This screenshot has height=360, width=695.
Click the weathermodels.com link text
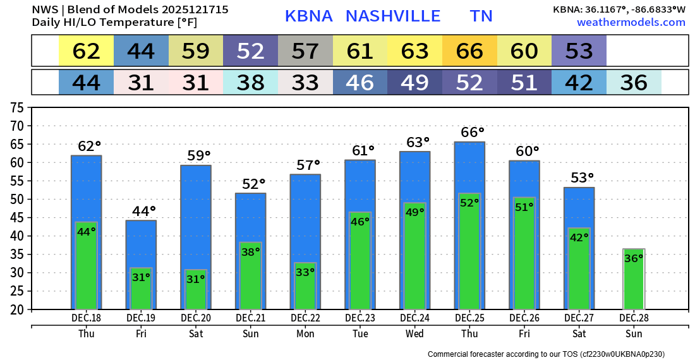[x=631, y=22]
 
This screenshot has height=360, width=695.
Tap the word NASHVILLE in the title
[x=393, y=16]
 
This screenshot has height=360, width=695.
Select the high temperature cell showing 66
[x=469, y=51]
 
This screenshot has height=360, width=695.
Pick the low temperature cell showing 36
[x=634, y=83]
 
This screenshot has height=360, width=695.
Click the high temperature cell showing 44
[x=141, y=51]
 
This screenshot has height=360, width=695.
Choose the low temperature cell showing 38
[x=250, y=83]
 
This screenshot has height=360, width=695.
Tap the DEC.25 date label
[x=469, y=318]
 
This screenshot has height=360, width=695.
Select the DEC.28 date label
[x=634, y=318]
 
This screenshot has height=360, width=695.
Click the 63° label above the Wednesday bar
[x=415, y=142]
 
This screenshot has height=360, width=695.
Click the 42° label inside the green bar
[x=579, y=237]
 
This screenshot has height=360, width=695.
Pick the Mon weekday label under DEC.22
[x=305, y=334]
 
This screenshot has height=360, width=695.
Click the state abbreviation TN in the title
[x=481, y=16]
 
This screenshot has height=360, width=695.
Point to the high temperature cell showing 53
[x=579, y=51]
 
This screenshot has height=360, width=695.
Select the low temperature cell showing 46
[x=360, y=83]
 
